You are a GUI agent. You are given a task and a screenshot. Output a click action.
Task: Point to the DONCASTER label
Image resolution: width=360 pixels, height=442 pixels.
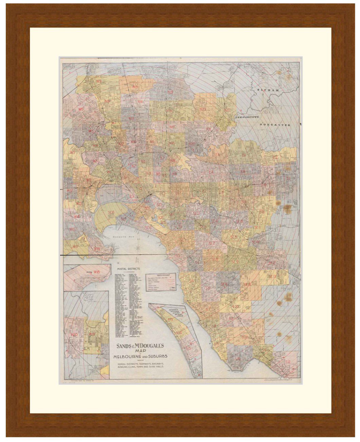274,125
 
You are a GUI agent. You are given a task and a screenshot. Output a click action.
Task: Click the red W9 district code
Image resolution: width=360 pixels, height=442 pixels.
99,81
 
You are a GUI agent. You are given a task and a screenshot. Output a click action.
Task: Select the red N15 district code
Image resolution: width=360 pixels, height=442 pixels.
136,87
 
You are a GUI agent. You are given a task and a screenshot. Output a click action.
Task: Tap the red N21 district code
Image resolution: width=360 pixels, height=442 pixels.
203,109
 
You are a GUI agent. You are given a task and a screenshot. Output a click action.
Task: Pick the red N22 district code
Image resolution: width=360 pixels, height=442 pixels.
227,109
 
